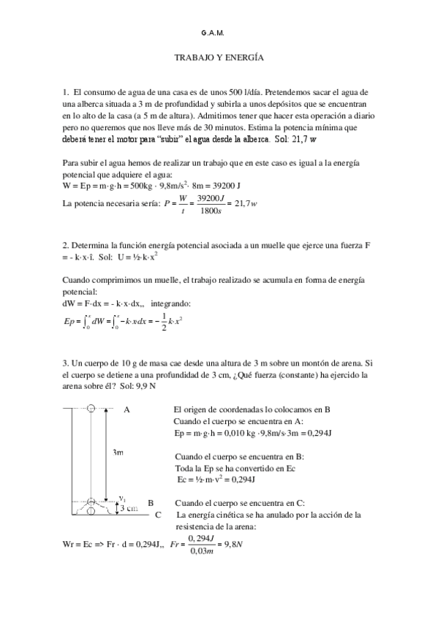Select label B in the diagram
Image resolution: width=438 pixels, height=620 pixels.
(x=150, y=503)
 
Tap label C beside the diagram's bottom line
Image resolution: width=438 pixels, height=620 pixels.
(x=159, y=515)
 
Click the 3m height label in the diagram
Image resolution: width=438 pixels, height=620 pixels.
(x=118, y=453)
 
